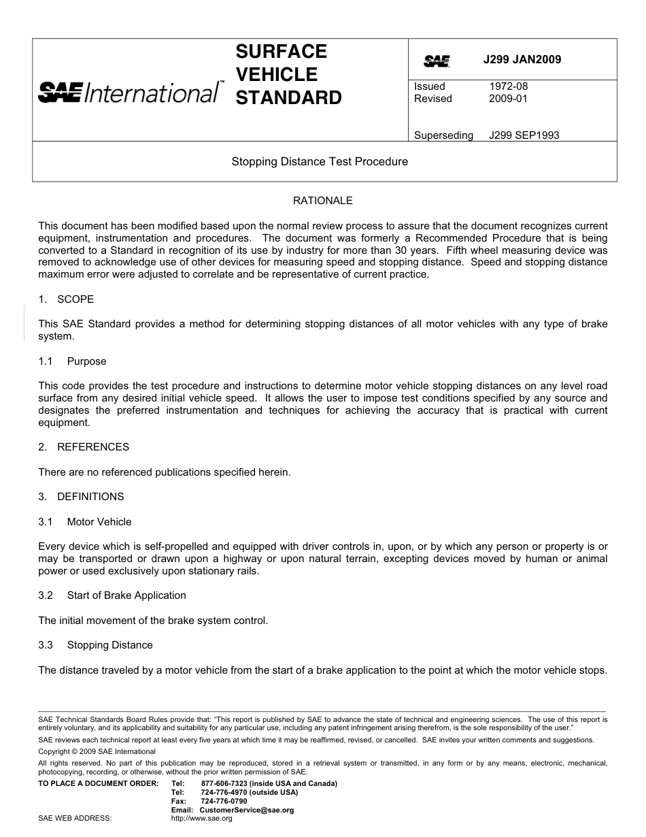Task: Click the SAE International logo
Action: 130,91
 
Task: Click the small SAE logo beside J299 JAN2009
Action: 437,61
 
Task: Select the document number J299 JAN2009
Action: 522,60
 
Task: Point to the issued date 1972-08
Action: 508,86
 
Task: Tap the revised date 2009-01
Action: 508,99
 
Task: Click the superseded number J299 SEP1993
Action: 524,135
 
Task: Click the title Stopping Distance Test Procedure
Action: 320,162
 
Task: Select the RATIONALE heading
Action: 322,201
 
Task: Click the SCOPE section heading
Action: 75,299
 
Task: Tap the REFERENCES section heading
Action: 92,447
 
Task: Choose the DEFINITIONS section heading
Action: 90,497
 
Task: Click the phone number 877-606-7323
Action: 224,783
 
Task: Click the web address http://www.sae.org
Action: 202,819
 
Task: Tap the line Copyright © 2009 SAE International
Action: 97,752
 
